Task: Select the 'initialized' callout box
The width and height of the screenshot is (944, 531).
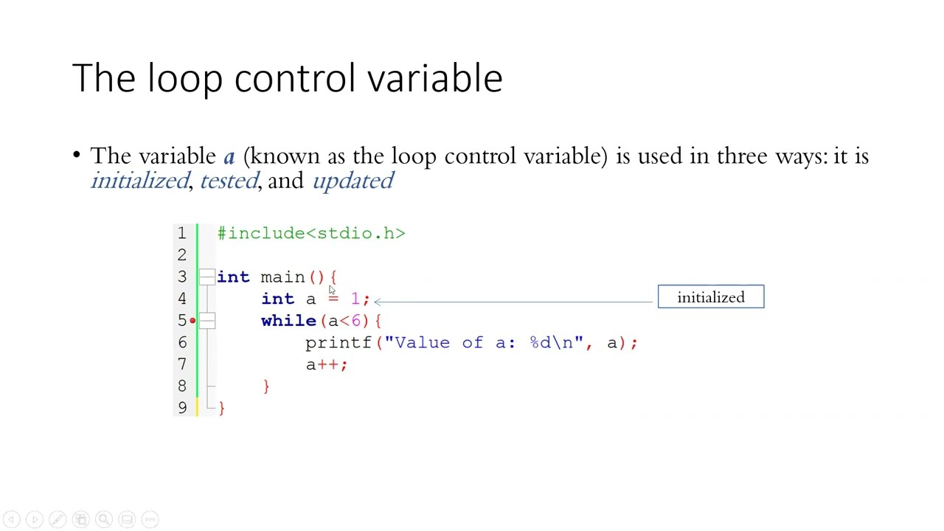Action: point(711,297)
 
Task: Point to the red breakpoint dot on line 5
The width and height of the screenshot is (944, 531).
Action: point(192,321)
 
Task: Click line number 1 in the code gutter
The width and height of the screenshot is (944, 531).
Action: point(181,234)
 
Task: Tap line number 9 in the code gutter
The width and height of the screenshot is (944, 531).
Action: point(181,408)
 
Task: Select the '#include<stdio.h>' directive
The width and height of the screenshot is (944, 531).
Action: point(311,234)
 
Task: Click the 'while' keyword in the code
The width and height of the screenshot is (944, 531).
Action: point(288,321)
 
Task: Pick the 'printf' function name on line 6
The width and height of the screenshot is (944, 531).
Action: point(339,343)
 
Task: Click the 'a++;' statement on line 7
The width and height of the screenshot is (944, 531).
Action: point(327,364)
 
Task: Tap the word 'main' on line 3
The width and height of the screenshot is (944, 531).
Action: point(282,277)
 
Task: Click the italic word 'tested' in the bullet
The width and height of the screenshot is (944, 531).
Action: point(229,181)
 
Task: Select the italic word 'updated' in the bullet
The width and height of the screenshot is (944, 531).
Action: point(353,181)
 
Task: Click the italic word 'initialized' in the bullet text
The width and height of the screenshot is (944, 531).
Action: point(139,181)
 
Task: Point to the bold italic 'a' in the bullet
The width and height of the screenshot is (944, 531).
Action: point(229,157)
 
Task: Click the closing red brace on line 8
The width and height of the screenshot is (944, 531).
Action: point(266,386)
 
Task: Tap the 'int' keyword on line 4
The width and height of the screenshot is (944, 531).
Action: point(277,299)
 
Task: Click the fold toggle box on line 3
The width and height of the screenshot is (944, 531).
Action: point(207,277)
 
